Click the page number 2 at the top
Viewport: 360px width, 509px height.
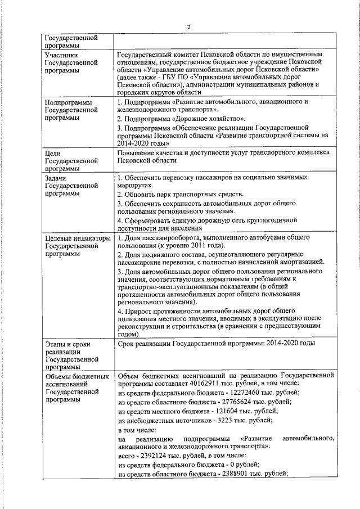190,27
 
